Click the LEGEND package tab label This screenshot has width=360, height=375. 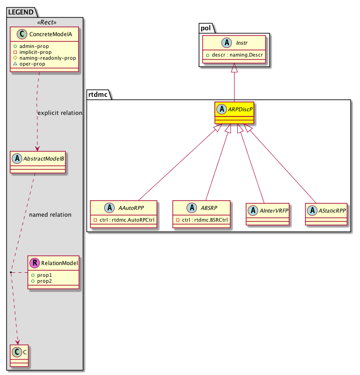coord(21,12)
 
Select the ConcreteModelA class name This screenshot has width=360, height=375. coord(51,34)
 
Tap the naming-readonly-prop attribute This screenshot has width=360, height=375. coord(48,58)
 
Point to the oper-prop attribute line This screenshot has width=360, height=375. coord(32,64)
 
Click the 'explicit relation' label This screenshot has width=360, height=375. coord(60,113)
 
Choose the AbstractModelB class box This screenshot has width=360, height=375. coord(38,162)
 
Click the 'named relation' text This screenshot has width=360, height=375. coord(50,215)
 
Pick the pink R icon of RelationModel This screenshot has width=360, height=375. coord(35,263)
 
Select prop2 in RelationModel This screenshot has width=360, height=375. coord(44,281)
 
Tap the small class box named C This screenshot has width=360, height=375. coord(19,356)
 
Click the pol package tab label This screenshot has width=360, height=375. coord(206,28)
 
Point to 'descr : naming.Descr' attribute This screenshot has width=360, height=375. coord(237,55)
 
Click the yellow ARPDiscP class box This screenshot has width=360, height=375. coord(234,113)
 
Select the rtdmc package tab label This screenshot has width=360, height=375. coord(98,95)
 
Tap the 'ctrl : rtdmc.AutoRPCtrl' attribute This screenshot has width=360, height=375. coord(127,220)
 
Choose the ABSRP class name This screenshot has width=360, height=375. coord(209,208)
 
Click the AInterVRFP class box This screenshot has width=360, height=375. coord(268,214)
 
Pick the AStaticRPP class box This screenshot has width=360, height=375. coord(326,214)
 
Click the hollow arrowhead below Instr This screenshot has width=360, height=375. coord(234,68)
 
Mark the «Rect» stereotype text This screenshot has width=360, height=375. coord(47,22)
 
